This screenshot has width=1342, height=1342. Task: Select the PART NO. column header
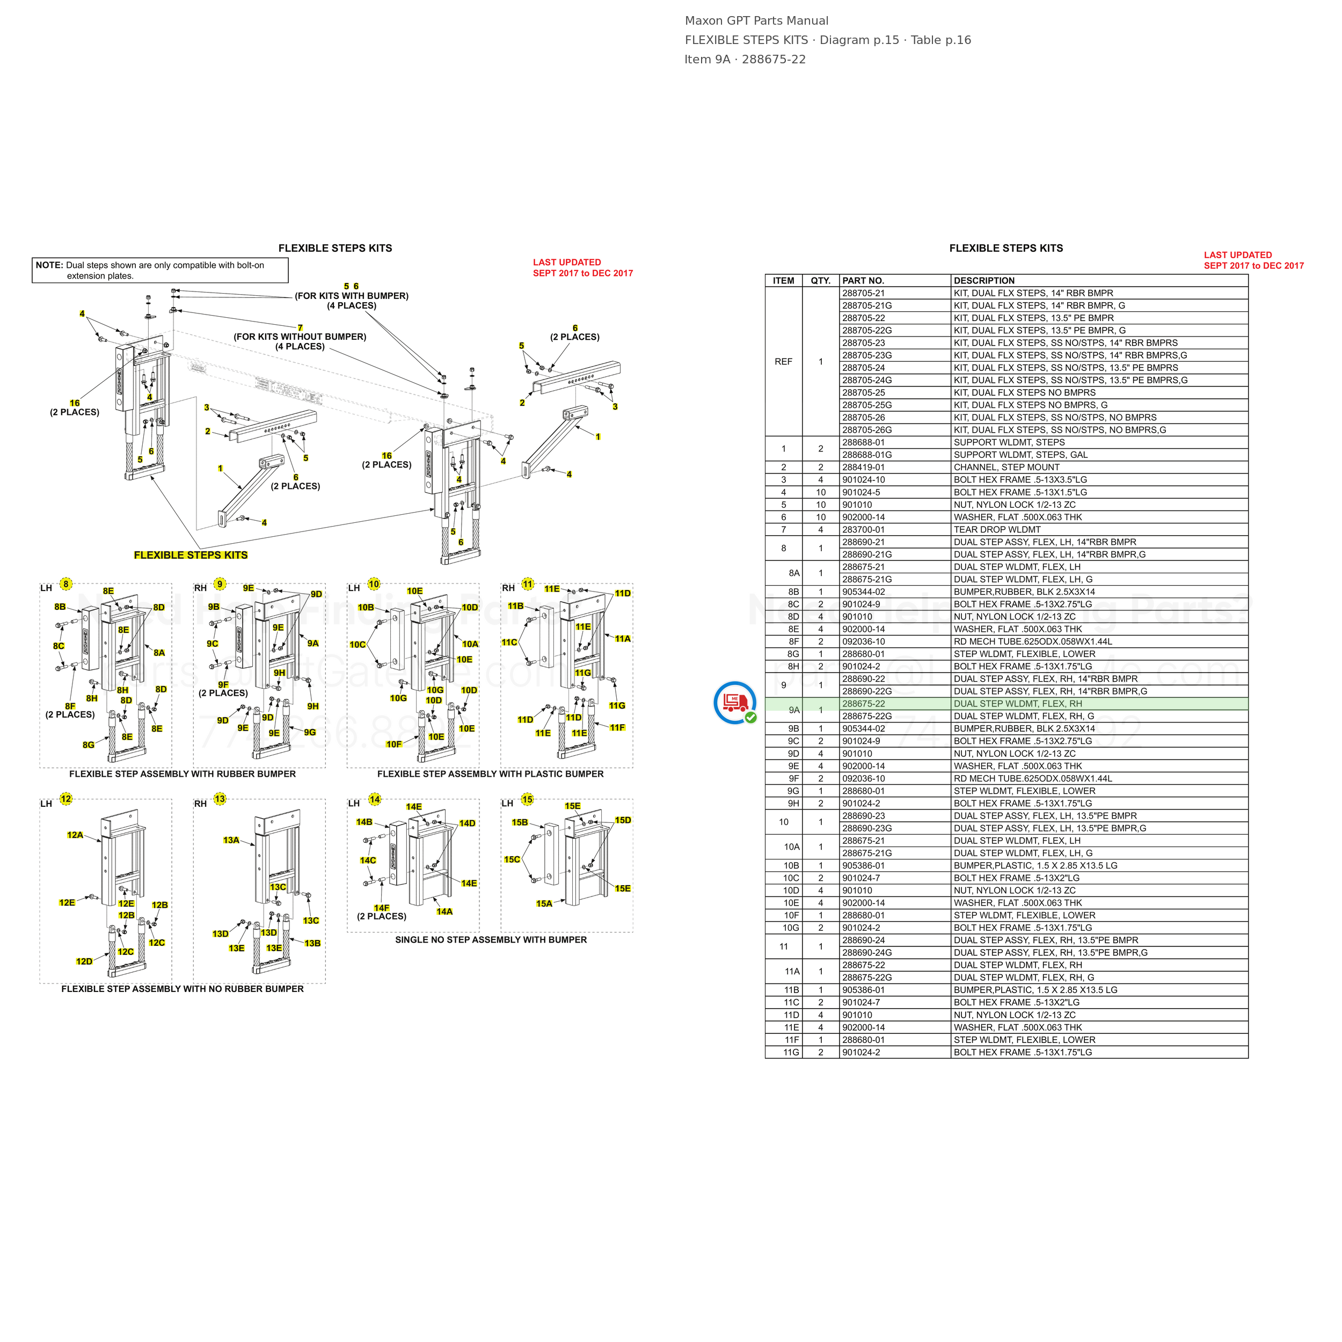point(863,281)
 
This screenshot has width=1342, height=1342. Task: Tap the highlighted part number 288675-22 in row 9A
point(863,704)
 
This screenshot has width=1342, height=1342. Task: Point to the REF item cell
point(784,361)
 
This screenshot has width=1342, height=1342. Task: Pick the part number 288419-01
point(863,468)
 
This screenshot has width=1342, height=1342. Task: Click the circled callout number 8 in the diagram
point(66,584)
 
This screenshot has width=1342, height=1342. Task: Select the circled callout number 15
point(527,799)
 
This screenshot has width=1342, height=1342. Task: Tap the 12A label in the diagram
point(75,835)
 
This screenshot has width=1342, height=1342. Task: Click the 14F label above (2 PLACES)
point(381,907)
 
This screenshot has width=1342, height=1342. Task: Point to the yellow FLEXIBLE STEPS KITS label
point(191,555)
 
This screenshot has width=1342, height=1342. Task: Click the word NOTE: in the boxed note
point(49,265)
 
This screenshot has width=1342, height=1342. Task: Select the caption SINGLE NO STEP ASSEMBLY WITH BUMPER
point(491,940)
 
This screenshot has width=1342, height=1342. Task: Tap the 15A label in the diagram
point(544,903)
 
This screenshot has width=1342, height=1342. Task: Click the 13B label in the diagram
point(312,943)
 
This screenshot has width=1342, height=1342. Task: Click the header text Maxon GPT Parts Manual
point(756,21)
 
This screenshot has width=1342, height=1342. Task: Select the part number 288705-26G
point(867,430)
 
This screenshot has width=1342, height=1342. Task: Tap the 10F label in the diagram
point(394,744)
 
